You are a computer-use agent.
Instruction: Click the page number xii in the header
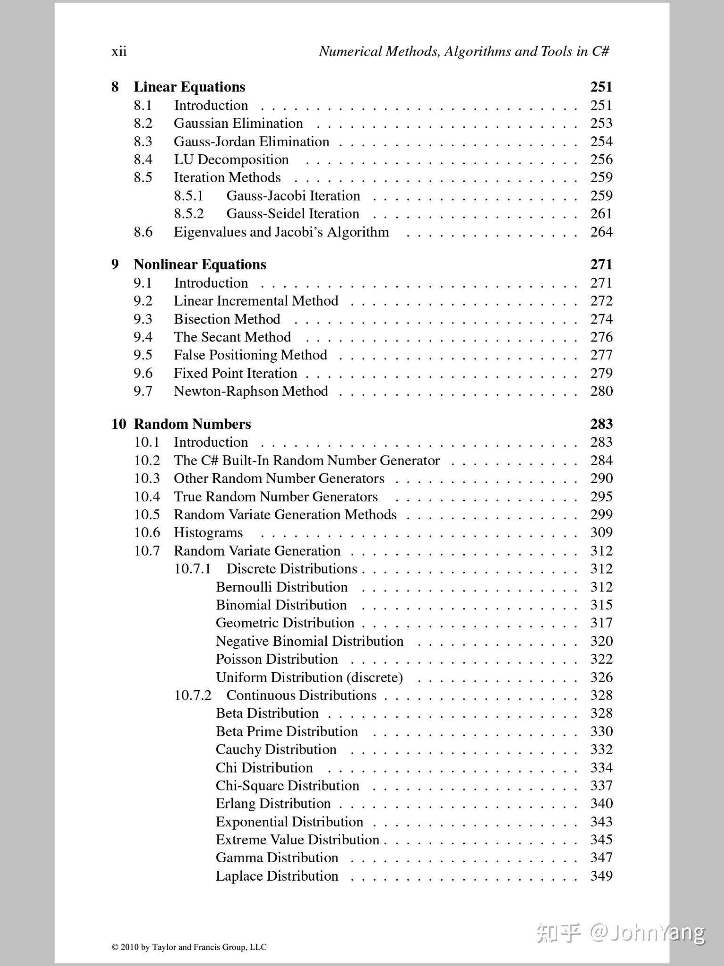tap(119, 51)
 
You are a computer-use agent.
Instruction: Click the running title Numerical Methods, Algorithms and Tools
tap(464, 51)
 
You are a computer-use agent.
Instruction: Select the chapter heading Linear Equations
tap(189, 87)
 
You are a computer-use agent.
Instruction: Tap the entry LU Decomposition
tap(231, 159)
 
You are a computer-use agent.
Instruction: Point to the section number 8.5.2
tap(189, 214)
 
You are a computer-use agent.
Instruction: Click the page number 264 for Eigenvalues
tap(601, 232)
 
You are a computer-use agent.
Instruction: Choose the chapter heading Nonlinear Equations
tap(200, 264)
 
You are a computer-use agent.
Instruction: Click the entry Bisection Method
tap(227, 319)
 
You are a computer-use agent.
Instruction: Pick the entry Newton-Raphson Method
tap(251, 391)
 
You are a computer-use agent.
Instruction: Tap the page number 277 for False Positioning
tap(601, 355)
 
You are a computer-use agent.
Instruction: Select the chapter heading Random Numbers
tap(192, 424)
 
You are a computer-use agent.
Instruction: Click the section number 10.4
tap(147, 497)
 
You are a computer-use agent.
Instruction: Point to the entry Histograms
tap(208, 533)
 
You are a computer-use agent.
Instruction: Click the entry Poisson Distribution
tap(277, 659)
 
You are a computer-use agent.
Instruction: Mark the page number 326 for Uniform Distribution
tap(601, 677)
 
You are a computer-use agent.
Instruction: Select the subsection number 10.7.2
tap(193, 695)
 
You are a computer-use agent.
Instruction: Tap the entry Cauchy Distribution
tap(276, 749)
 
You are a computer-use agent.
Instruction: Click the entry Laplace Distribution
tap(277, 876)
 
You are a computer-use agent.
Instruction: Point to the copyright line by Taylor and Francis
tap(189, 947)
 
